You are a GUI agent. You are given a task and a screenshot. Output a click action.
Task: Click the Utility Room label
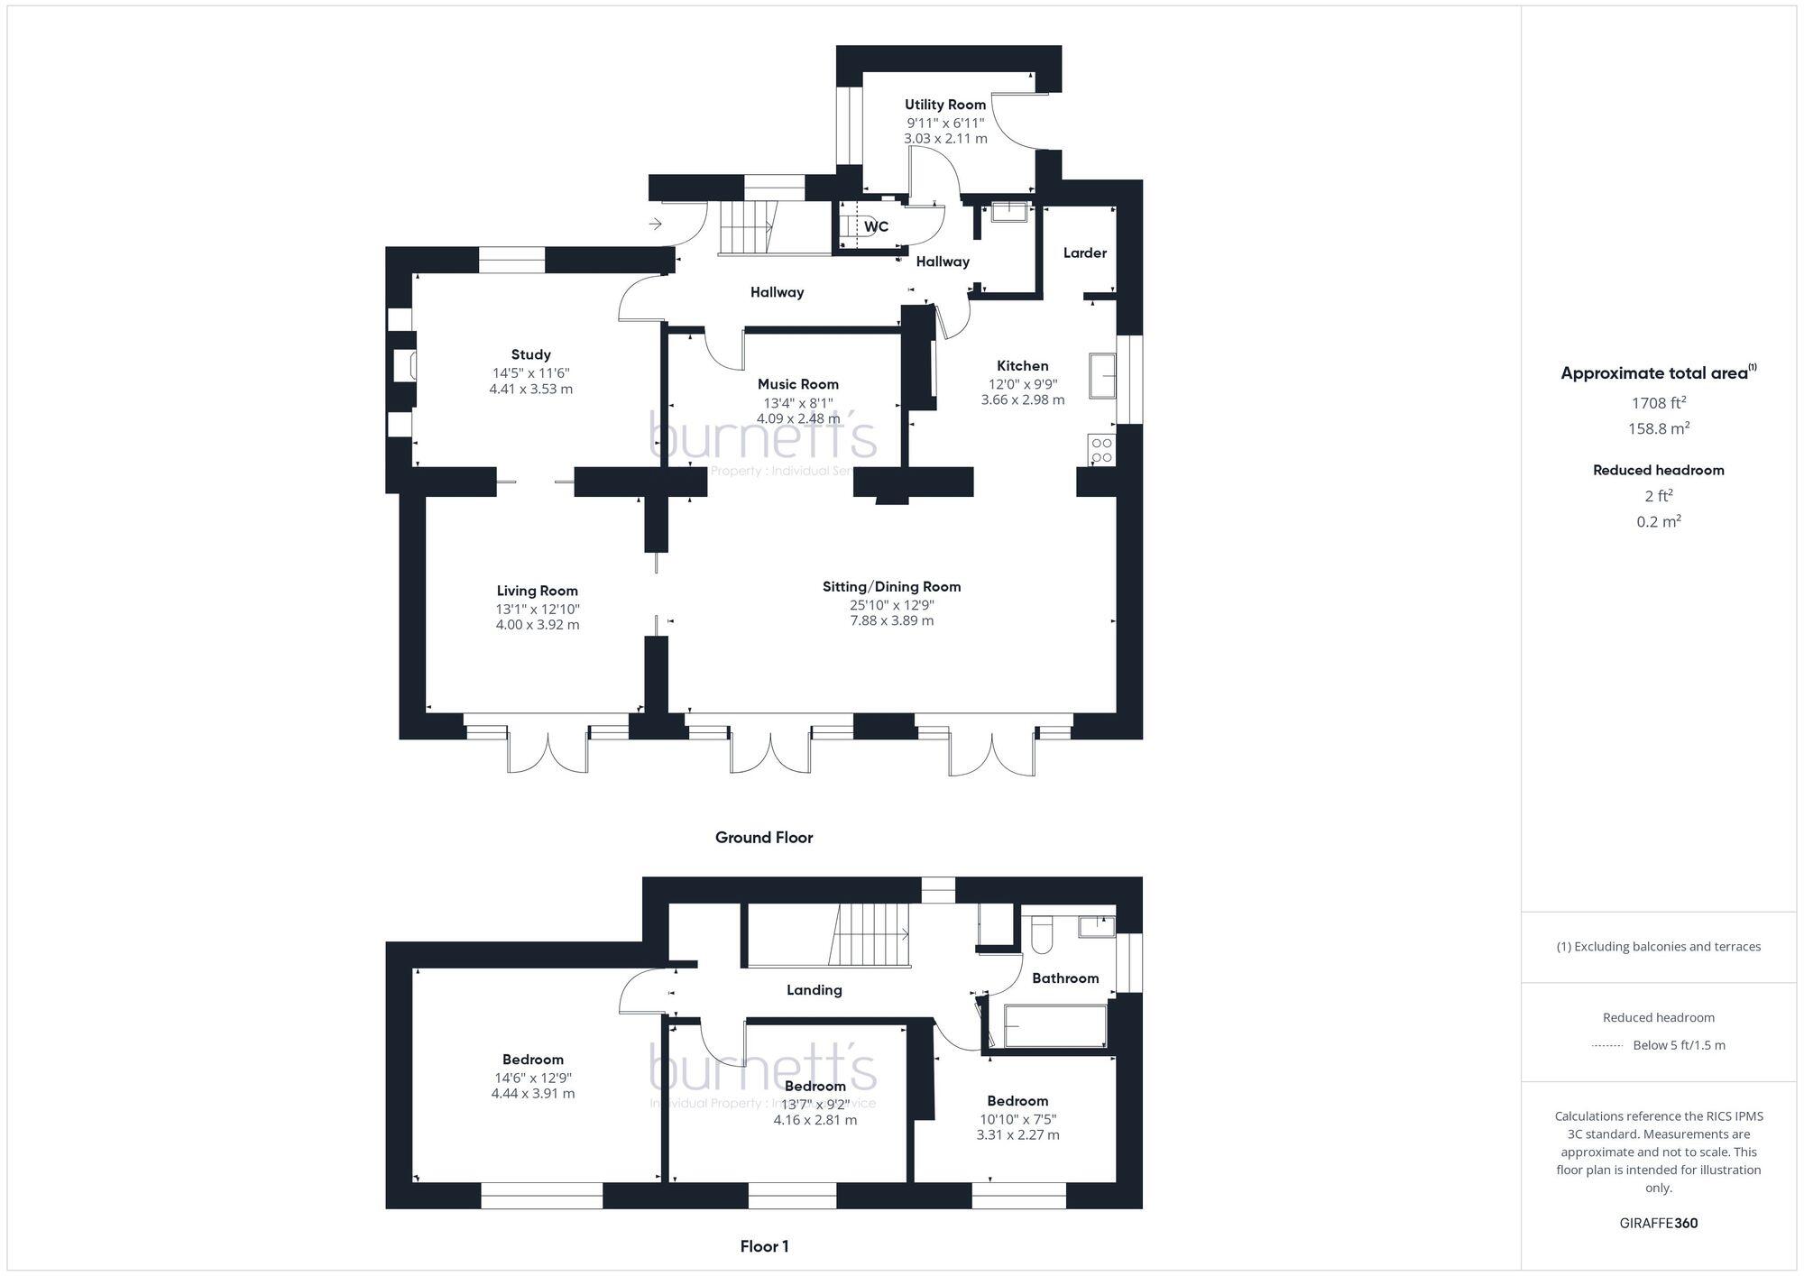[x=945, y=105]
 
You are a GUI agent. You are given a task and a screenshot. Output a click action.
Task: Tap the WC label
[x=876, y=226]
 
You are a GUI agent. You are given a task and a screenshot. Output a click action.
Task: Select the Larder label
[x=1084, y=252]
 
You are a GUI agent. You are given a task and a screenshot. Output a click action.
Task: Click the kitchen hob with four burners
[x=1101, y=450]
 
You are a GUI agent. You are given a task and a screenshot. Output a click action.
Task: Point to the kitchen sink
[x=1102, y=375]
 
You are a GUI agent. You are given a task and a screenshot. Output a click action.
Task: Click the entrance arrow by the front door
[x=656, y=224]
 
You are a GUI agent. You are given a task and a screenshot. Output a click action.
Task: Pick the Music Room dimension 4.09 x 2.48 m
[x=797, y=418]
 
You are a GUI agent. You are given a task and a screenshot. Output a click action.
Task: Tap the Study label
[x=530, y=354]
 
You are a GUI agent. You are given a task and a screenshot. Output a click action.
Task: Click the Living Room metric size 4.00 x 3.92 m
[x=537, y=624]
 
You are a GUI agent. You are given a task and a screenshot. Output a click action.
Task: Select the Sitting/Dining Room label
[x=891, y=586]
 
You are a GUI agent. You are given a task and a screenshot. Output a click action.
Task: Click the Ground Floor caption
[x=764, y=837]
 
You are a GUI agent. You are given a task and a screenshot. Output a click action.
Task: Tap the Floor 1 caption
[x=764, y=1246]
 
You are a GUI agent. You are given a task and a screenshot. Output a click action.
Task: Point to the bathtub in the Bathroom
[x=1054, y=1025]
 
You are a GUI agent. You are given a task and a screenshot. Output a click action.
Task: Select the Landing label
[x=814, y=989]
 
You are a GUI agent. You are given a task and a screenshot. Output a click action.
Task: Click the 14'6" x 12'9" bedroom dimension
[x=532, y=1077]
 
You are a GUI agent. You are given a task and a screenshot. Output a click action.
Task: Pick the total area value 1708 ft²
[x=1658, y=403]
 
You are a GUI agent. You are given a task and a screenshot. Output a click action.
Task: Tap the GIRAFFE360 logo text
[x=1658, y=1223]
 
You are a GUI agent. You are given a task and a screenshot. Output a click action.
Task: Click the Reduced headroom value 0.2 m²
[x=1658, y=521]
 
